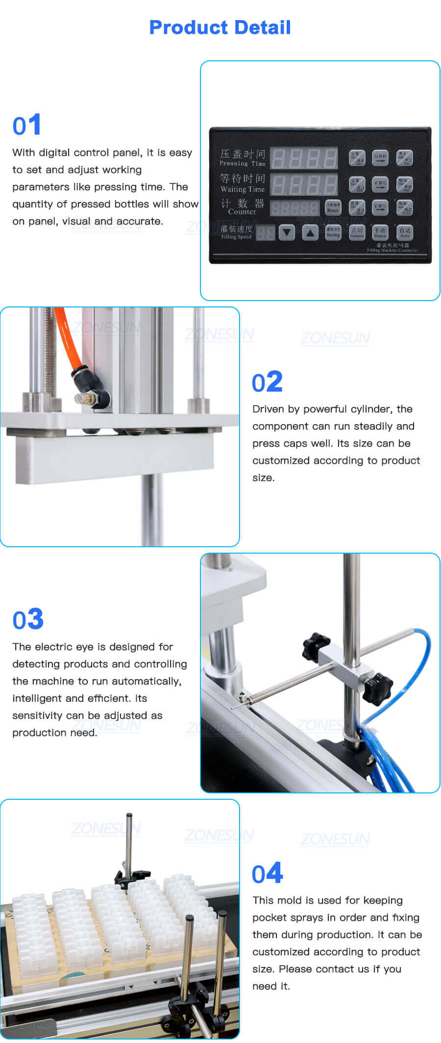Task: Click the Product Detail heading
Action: click(x=220, y=27)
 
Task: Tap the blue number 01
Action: click(x=27, y=125)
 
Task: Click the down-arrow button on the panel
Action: click(x=287, y=232)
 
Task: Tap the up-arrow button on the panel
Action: click(x=310, y=232)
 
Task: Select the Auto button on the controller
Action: click(x=405, y=232)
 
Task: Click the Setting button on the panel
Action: click(x=333, y=232)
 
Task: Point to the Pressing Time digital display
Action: click(x=304, y=158)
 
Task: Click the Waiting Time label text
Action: click(x=242, y=189)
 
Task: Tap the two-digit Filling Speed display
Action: click(x=266, y=233)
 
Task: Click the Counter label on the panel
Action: click(x=242, y=212)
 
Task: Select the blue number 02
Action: click(x=267, y=382)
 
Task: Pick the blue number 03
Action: click(x=28, y=619)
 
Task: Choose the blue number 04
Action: click(x=267, y=874)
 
